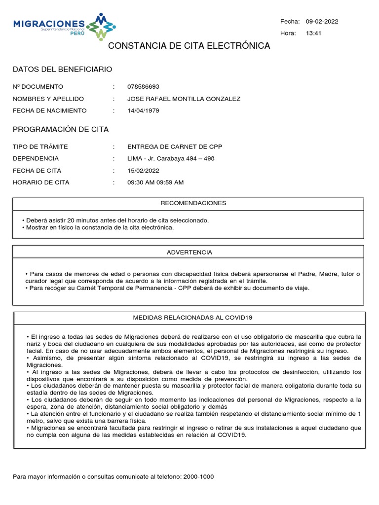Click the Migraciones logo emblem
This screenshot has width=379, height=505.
coord(101,27)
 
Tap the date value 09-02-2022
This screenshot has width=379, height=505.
coord(322,21)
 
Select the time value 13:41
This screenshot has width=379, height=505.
coord(313,33)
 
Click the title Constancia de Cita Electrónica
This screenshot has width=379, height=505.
coord(189,46)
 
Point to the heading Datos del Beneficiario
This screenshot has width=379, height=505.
coord(62,70)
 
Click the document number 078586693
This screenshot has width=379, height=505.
coord(143,87)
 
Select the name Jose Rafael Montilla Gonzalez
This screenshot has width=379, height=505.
coord(184,99)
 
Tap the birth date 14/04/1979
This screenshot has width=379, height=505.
coord(143,110)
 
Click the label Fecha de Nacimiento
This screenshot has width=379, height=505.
coord(49,110)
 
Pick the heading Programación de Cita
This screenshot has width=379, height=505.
coord(60,129)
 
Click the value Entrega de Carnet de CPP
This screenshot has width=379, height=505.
coord(175,146)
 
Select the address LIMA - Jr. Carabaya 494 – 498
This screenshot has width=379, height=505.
coord(171,158)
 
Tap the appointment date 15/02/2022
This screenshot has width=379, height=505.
coord(143,170)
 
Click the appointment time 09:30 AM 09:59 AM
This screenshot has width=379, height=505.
coord(155,182)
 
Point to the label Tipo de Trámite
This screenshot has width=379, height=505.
coord(40,146)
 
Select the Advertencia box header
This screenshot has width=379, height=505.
coord(189,252)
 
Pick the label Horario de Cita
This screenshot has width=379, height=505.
coord(41,182)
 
